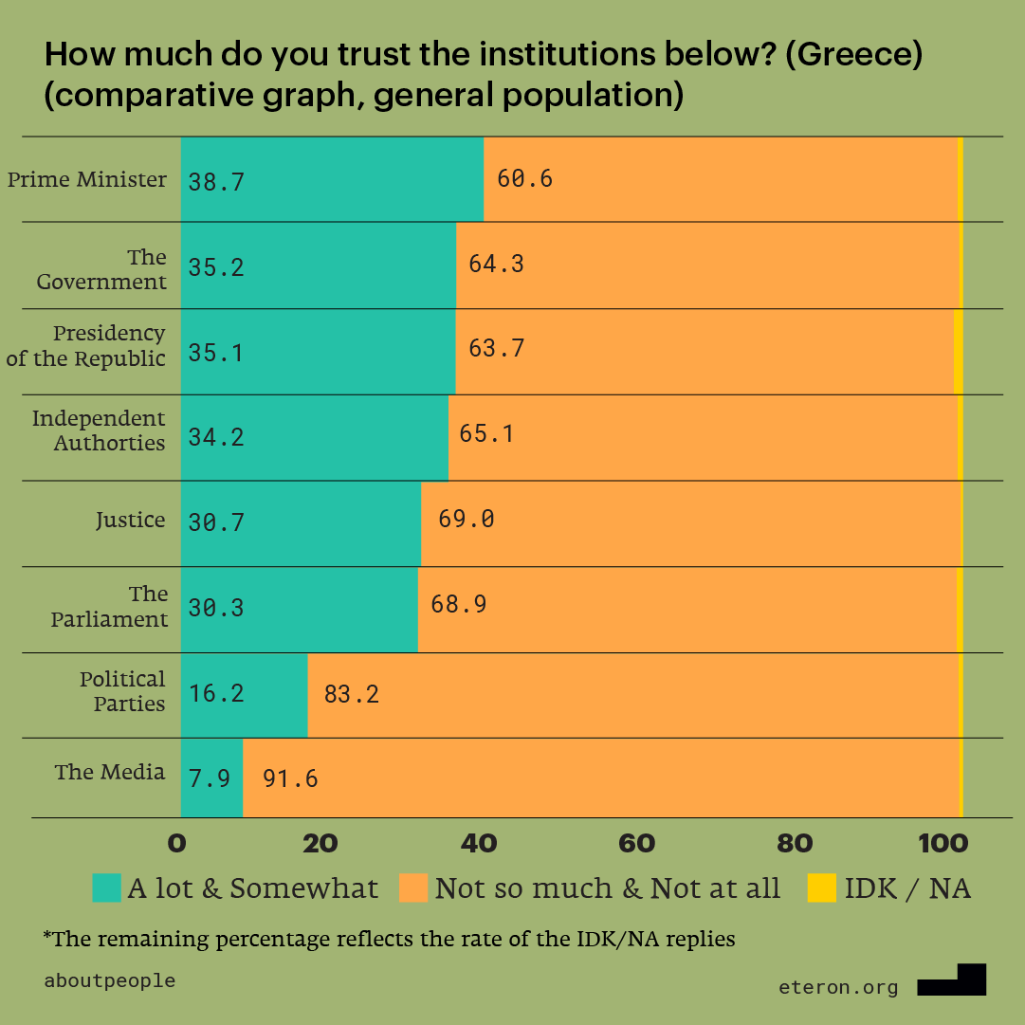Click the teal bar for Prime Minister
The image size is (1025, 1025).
coord(332,180)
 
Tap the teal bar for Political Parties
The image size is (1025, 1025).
coord(244,694)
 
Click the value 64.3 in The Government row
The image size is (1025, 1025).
coord(496,264)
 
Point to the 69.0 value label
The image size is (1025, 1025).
coord(466,519)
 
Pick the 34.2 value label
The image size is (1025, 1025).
coord(216,437)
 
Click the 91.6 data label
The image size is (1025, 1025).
coord(289,779)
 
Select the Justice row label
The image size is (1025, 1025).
coord(130,520)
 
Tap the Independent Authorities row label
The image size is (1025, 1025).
coord(99,430)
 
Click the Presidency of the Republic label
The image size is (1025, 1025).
coord(86,346)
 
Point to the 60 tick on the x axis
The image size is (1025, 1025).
coord(637,842)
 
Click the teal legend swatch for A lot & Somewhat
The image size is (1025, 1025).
coord(107,888)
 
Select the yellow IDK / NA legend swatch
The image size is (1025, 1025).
coord(821,888)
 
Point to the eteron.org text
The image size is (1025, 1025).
coord(838,987)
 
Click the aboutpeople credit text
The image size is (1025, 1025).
coord(110,980)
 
